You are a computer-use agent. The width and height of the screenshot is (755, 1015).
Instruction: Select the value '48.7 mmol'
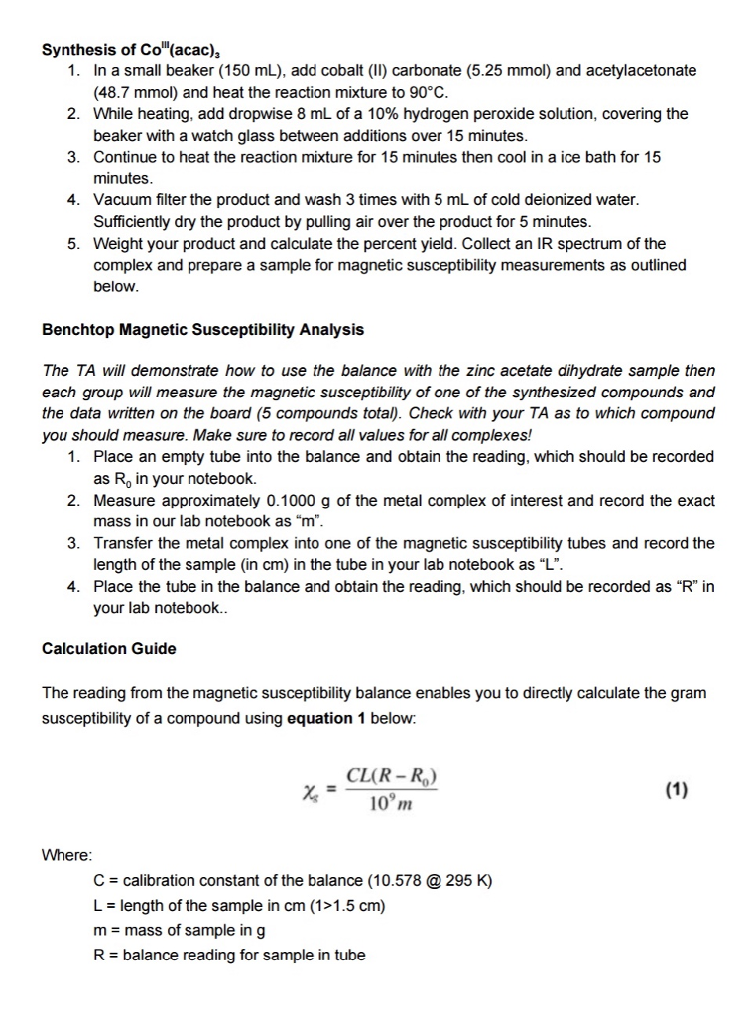point(134,92)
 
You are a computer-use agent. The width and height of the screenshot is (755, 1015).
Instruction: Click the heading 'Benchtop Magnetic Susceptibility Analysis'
point(202,330)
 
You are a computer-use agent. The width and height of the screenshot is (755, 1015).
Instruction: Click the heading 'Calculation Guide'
point(109,649)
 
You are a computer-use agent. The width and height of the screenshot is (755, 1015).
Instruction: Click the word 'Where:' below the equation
point(67,854)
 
